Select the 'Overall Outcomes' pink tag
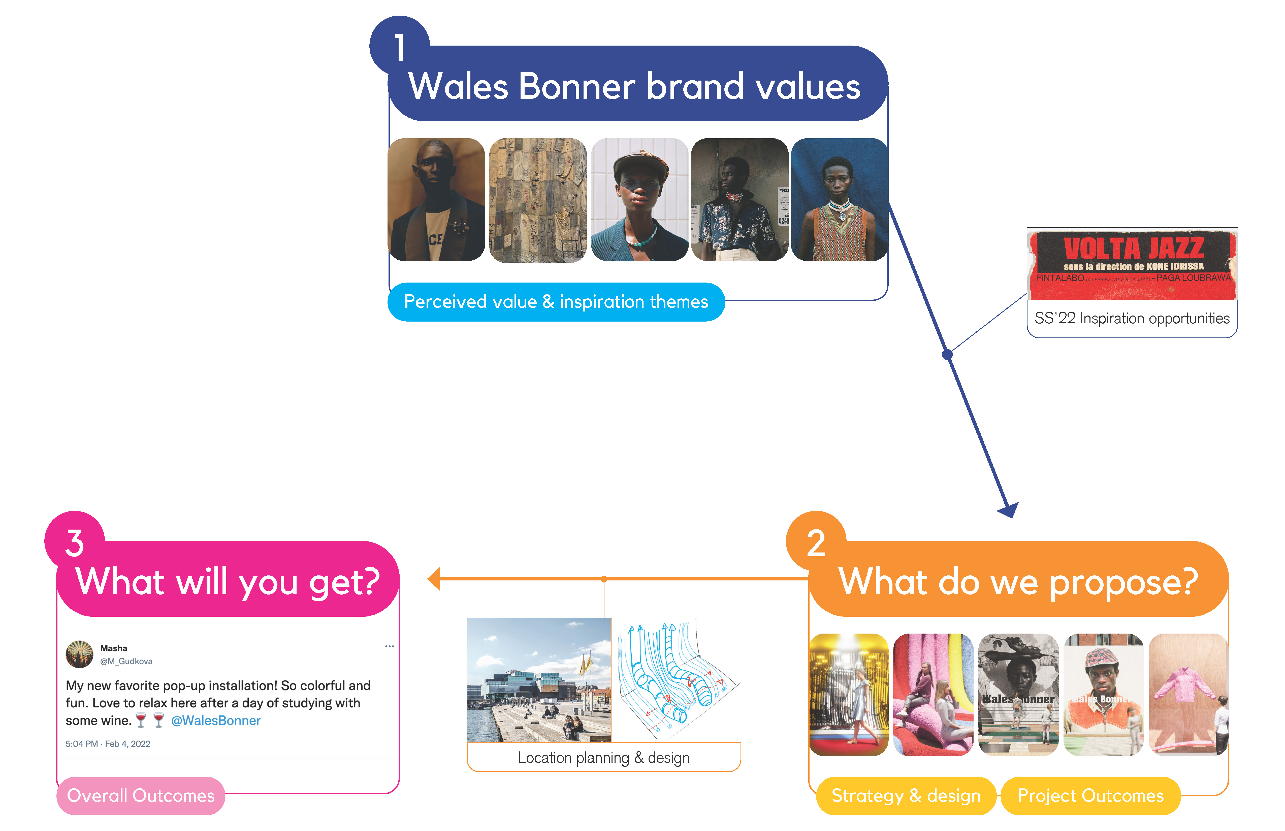point(140,795)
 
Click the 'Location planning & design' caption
point(603,758)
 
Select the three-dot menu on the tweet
point(389,646)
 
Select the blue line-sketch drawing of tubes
point(676,680)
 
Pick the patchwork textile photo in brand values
point(538,200)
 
